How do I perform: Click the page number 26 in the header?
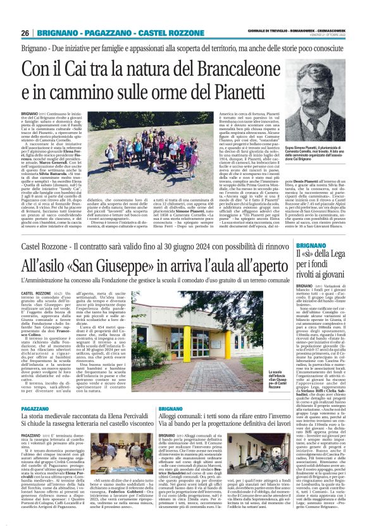(x=25, y=33)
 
